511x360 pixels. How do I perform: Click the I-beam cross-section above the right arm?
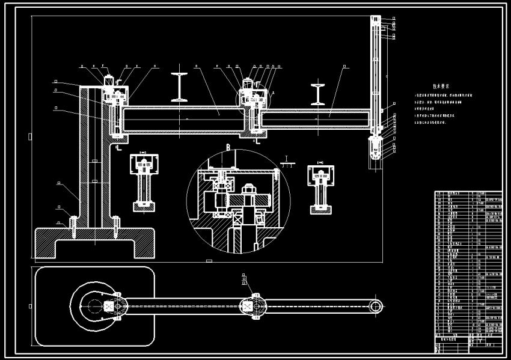[318, 94]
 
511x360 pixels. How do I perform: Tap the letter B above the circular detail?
[228, 147]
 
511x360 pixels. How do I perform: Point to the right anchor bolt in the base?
[114, 224]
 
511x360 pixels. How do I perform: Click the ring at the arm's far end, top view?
[376, 306]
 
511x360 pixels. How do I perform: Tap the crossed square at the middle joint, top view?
[247, 306]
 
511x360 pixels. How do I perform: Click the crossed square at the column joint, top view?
[108, 306]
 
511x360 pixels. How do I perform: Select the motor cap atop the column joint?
[109, 80]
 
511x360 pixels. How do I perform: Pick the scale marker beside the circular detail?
[288, 161]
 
